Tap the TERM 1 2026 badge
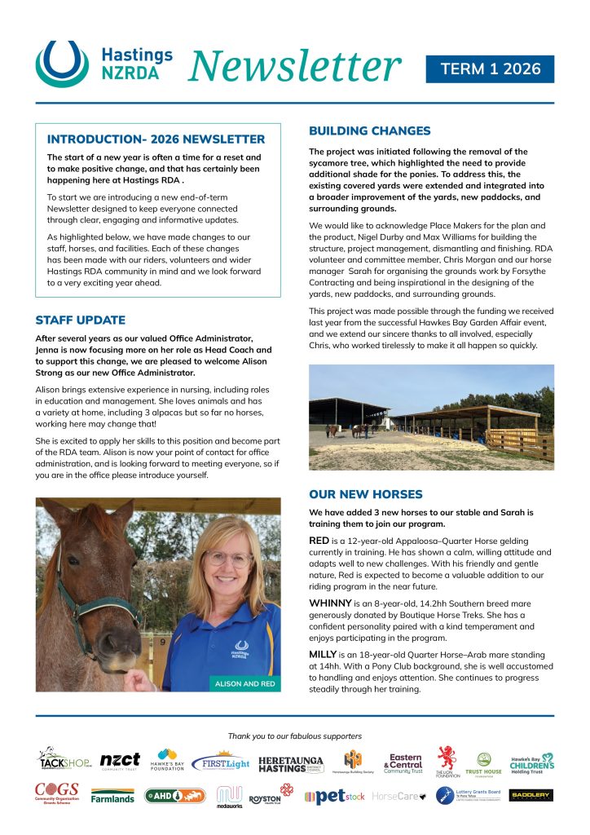[490, 68]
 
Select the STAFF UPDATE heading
[80, 320]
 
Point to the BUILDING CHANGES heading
[369, 130]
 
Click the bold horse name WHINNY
[331, 603]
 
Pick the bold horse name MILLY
[325, 655]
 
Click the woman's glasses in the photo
[228, 559]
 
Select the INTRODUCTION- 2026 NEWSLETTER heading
[156, 139]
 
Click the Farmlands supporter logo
[112, 795]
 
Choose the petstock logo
[334, 796]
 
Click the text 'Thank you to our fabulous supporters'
[295, 736]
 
